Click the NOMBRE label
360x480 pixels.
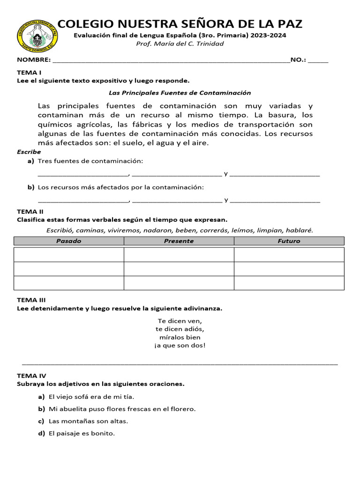[x=33, y=60]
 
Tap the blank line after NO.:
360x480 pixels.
[x=318, y=61]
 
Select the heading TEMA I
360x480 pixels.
[x=29, y=73]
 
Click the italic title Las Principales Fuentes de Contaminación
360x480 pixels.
[x=180, y=93]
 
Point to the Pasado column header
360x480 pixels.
[x=69, y=241]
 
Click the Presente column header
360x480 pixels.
[x=179, y=241]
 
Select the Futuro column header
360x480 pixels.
[x=289, y=241]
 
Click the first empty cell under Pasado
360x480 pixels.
[x=69, y=255]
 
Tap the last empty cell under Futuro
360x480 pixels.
[x=289, y=283]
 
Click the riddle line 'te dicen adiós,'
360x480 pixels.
[x=180, y=329]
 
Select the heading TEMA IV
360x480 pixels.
[x=31, y=375]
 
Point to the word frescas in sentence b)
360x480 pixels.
[x=128, y=409]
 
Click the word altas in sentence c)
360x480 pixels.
[x=119, y=421]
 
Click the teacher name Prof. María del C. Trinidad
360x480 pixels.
[x=180, y=44]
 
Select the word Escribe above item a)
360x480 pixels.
[x=29, y=152]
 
